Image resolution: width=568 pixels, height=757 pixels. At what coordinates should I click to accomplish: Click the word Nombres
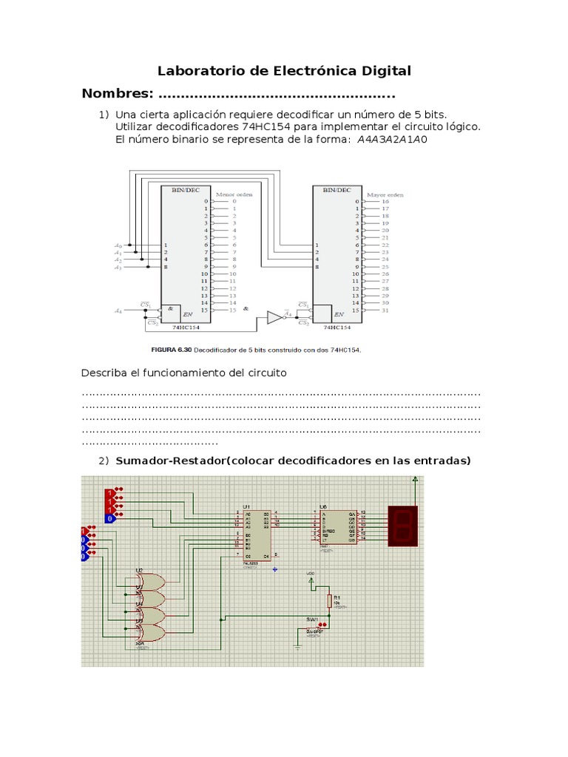[117, 95]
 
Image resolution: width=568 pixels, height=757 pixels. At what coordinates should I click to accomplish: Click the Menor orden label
[234, 194]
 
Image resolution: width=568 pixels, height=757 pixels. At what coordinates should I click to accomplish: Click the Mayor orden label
[385, 194]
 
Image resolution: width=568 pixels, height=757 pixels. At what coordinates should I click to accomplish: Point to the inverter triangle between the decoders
[274, 317]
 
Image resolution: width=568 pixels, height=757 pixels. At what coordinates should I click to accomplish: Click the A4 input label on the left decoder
[118, 310]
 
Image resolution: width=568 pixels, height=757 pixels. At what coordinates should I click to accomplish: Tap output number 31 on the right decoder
[385, 310]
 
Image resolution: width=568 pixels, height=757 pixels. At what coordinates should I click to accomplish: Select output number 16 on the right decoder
[385, 201]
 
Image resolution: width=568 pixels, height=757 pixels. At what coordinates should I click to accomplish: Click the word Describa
[105, 373]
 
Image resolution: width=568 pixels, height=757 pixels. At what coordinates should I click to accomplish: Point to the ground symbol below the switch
[297, 645]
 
